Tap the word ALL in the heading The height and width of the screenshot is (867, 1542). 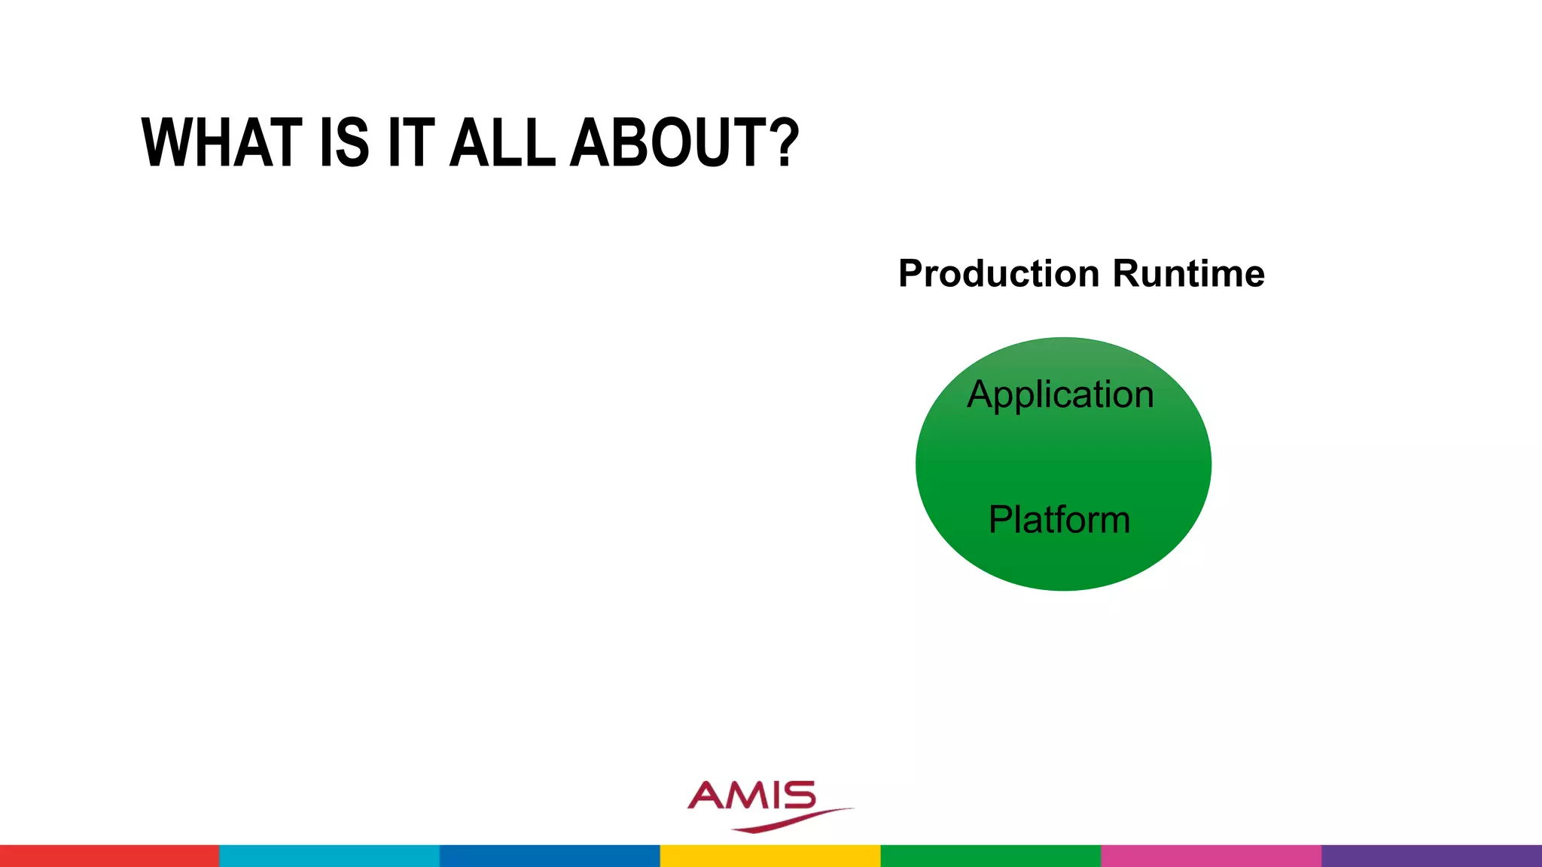tap(502, 143)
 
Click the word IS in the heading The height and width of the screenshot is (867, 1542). tap(344, 143)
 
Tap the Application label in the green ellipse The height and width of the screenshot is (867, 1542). tap(1060, 395)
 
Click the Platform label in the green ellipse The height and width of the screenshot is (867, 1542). tap(1059, 519)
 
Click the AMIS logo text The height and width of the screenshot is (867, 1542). tap(752, 796)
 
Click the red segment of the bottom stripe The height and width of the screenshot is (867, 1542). tap(109, 856)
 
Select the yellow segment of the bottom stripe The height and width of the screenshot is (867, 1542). tap(769, 856)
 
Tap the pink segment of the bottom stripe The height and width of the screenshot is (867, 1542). tap(1210, 856)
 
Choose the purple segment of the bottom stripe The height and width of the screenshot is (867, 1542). tap(1431, 856)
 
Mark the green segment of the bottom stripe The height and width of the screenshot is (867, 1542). tap(990, 856)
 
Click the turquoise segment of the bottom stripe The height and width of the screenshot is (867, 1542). tap(329, 856)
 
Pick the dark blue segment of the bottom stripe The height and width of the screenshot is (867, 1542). tap(550, 856)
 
